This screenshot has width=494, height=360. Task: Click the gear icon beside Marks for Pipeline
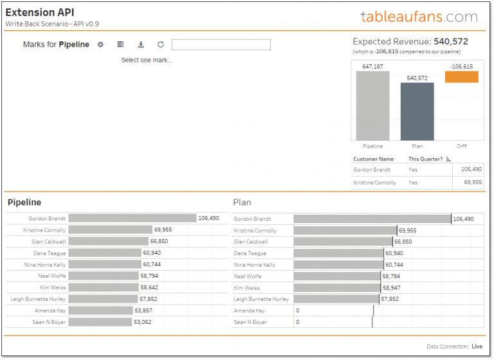tap(100, 44)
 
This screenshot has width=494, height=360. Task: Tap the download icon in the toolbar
tap(141, 44)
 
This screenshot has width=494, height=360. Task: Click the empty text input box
tap(221, 44)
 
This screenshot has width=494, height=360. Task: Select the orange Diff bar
tap(461, 76)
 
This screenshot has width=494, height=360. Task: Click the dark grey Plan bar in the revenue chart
tap(417, 111)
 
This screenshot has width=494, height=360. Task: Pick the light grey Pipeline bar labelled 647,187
tap(372, 105)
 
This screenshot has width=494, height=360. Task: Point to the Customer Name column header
tap(373, 159)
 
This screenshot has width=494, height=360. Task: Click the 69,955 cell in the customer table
tap(471, 183)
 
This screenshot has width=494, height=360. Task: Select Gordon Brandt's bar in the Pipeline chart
tap(132, 219)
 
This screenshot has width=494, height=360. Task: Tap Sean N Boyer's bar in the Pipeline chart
tap(100, 322)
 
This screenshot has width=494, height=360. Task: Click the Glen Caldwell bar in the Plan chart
tap(343, 242)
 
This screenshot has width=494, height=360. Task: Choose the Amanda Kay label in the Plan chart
tap(248, 310)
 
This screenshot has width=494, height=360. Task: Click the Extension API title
tap(39, 12)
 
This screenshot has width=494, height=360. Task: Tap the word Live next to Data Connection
tap(477, 346)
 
